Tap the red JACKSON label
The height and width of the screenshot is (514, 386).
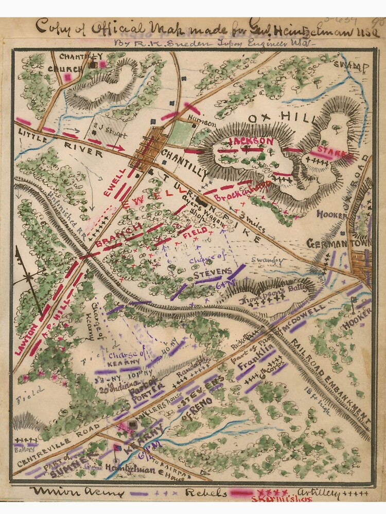(251, 141)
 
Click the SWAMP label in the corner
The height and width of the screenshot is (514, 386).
(353, 66)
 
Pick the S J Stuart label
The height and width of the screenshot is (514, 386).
(109, 122)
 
